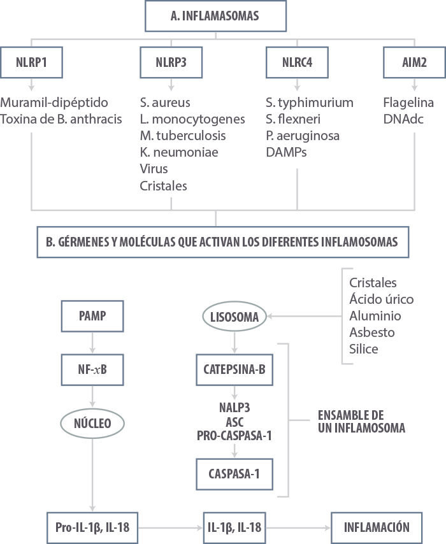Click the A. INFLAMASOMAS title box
pos(215,16)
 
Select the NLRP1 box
pos(32,63)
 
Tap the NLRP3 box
pos(171,63)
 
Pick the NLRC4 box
pos(297,63)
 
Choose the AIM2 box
pos(415,63)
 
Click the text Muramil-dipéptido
pos(55,103)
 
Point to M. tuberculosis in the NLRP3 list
pos(183,136)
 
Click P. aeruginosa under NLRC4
pos(303,136)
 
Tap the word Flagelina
pos(409,103)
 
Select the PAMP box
pos(93,316)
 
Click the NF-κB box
pos(93,369)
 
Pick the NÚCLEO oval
pos(93,423)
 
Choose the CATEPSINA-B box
pos(236,369)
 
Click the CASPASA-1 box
pos(236,474)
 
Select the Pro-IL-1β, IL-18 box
pos(93,527)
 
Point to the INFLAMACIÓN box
pos(377,527)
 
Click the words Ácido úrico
pos(382,299)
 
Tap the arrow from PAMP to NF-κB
pos(93,343)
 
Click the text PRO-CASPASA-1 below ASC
pos(236,435)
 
